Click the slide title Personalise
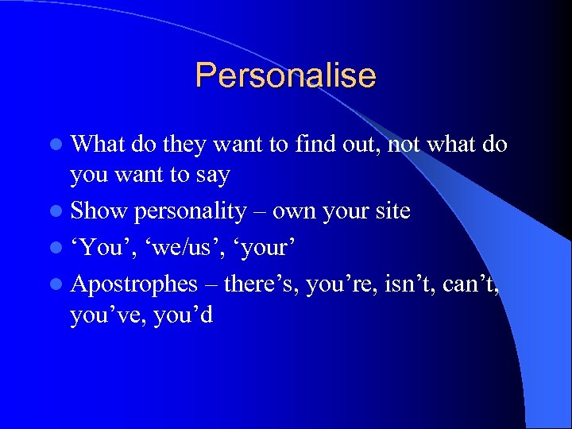point(285,76)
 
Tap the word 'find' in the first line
point(315,144)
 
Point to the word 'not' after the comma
point(404,144)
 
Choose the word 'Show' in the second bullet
point(99,211)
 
